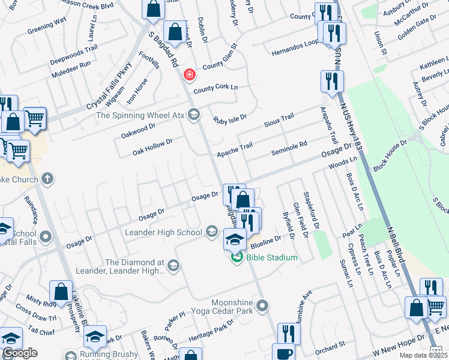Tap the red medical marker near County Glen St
[x=190, y=75]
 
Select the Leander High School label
[x=163, y=232]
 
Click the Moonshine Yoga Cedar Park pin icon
[x=262, y=306]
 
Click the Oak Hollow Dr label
[x=152, y=147]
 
